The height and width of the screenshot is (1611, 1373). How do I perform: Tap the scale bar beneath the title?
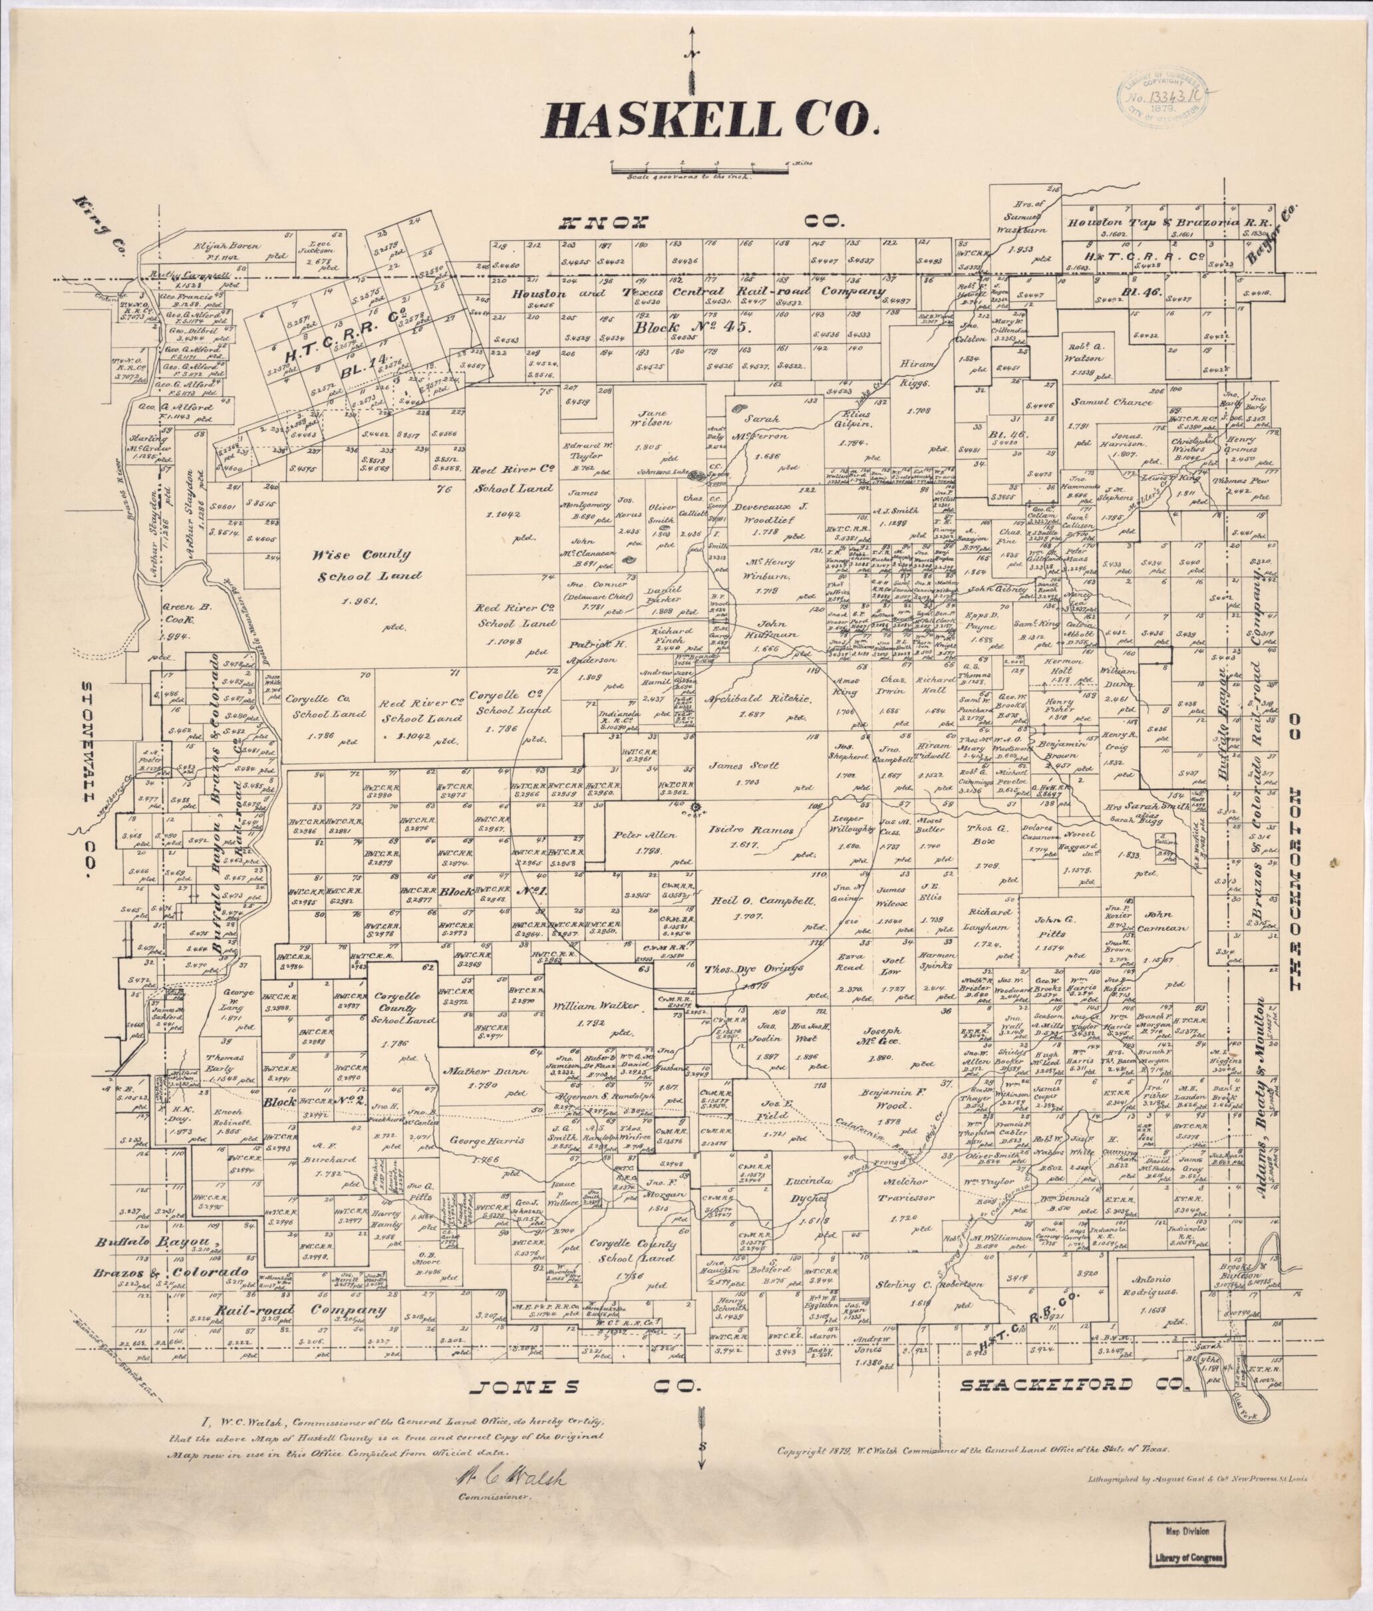point(700,166)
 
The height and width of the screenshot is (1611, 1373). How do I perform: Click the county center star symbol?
point(694,806)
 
